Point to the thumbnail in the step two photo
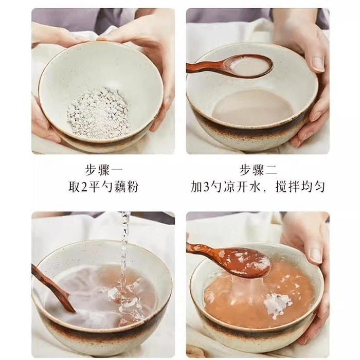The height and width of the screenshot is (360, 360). point(318,64)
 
